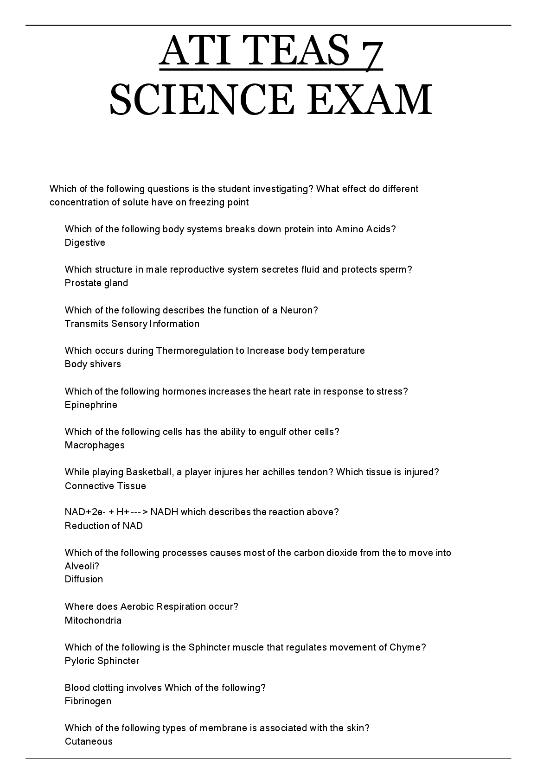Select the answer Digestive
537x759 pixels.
[x=85, y=242]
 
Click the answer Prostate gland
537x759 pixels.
[x=96, y=283]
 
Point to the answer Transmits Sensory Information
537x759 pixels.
[x=132, y=324]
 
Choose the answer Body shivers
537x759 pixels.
[x=93, y=364]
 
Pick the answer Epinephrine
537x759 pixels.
[x=91, y=405]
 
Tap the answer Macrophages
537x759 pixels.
[x=95, y=445]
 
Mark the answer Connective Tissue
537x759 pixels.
[x=105, y=486]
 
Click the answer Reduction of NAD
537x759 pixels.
[x=104, y=526]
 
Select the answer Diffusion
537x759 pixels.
[x=84, y=579]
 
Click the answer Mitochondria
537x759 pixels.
[x=93, y=620]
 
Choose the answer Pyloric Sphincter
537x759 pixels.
[x=102, y=661]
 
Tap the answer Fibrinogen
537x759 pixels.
[x=88, y=701]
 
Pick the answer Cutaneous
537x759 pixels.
[x=89, y=741]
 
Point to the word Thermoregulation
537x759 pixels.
[x=195, y=351]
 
